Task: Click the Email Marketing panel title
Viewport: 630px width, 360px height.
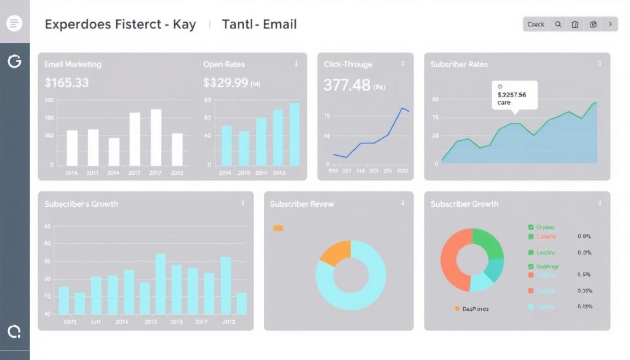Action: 73,64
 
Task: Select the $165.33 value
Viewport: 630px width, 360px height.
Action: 67,82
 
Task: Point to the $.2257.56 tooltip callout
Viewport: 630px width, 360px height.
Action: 514,95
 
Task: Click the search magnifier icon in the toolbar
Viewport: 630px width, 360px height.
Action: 558,25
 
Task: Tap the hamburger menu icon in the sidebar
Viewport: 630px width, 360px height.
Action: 14,24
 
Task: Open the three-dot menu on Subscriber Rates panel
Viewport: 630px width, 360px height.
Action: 600,63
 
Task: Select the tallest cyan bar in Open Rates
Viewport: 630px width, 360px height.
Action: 295,134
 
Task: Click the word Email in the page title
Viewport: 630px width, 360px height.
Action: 280,25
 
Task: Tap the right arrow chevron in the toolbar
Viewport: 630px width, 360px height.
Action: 610,25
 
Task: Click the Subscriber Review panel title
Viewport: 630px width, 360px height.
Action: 301,204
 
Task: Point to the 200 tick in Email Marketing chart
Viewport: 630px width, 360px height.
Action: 49,99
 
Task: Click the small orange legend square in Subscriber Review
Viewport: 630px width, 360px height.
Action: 278,228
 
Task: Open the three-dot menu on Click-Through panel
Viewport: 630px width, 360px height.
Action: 402,63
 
